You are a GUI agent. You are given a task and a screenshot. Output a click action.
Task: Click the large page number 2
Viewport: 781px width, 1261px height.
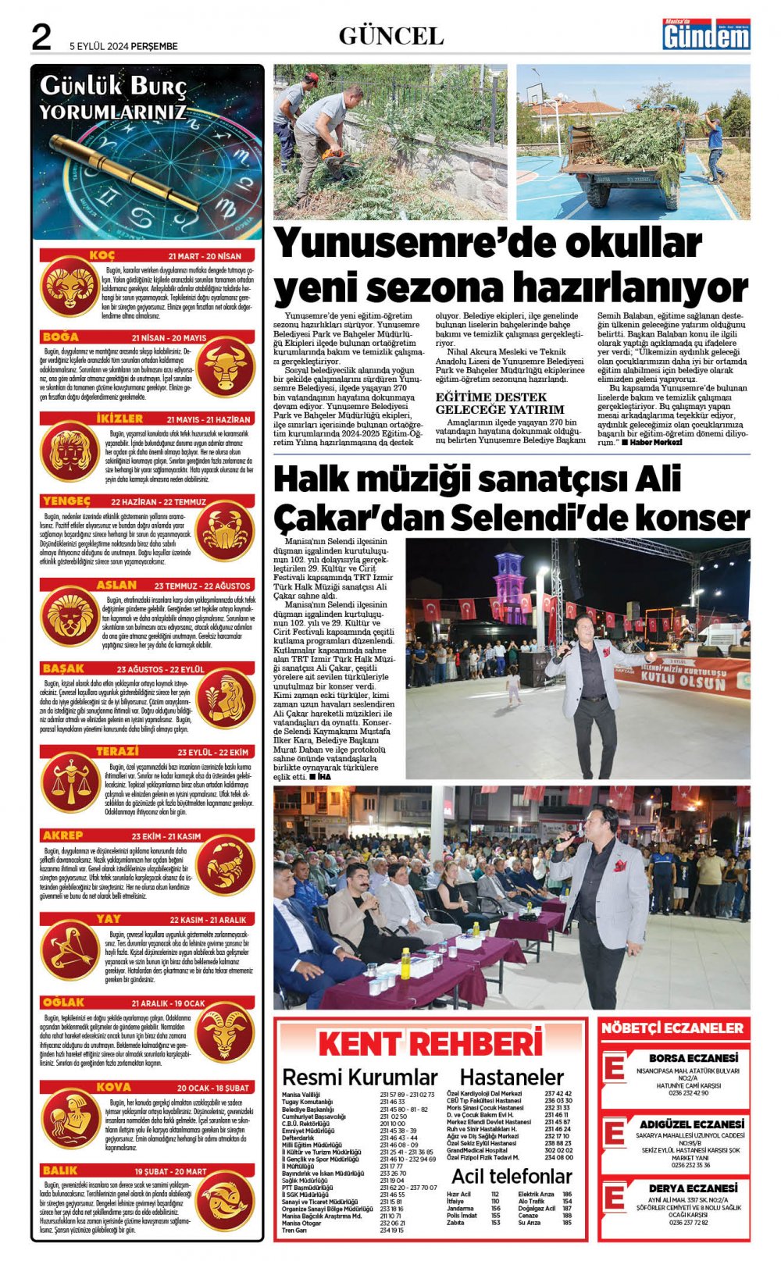(41, 37)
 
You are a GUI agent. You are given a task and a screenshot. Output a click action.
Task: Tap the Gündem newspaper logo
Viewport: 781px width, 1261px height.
(706, 34)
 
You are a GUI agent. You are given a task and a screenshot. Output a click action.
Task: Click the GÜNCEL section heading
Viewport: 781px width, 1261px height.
(390, 36)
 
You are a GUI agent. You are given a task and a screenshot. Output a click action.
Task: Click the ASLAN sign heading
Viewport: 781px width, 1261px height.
(116, 585)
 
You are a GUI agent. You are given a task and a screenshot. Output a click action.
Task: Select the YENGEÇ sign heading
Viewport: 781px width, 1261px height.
(67, 501)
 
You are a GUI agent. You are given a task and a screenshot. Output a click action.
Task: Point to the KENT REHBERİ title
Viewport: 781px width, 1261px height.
(430, 1044)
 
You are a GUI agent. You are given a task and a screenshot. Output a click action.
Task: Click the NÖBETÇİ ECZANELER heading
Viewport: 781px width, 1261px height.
(672, 1028)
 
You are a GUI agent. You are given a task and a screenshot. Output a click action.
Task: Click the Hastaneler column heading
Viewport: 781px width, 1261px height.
(512, 1078)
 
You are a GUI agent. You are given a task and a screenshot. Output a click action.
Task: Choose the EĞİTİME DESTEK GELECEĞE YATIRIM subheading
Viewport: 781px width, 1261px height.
(500, 403)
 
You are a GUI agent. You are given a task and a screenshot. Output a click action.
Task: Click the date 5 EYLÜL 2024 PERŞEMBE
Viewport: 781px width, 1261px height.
(123, 46)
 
